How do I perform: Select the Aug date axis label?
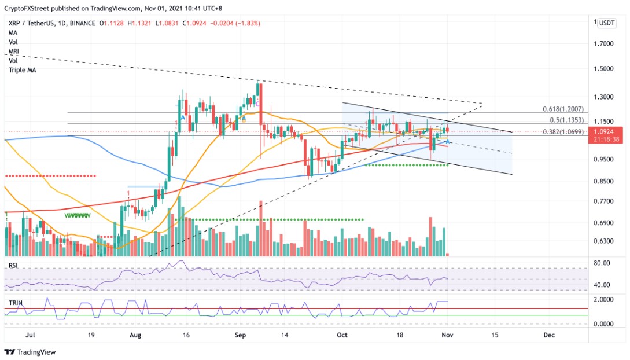click(135, 335)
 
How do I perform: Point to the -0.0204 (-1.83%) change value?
click(237, 23)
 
